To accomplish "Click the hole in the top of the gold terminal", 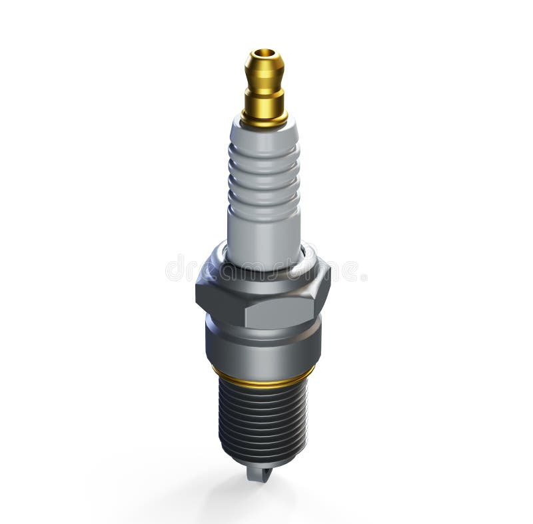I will click(x=265, y=53).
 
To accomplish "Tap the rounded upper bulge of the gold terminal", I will click(x=265, y=67).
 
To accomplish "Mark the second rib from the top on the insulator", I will click(x=265, y=169).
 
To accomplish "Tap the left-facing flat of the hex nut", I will click(x=217, y=293).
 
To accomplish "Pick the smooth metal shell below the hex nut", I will click(x=263, y=346).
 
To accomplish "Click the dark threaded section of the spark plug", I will click(x=263, y=419).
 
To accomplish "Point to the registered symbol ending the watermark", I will click(x=364, y=276).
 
